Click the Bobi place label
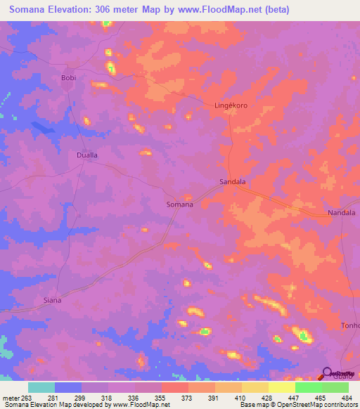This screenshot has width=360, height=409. pyautogui.click(x=68, y=77)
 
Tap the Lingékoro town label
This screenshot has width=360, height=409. pyautogui.click(x=231, y=105)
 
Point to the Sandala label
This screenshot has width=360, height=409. pyautogui.click(x=233, y=181)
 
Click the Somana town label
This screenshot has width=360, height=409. pyautogui.click(x=179, y=204)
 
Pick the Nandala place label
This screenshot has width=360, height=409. pyautogui.click(x=342, y=212)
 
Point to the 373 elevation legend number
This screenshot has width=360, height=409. pyautogui.click(x=188, y=397)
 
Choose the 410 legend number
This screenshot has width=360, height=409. pyautogui.click(x=240, y=397)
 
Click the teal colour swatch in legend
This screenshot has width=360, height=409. pyautogui.click(x=41, y=387)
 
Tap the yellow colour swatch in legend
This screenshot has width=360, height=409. pyautogui.click(x=281, y=387)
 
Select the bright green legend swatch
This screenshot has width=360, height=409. pyautogui.click(x=308, y=387)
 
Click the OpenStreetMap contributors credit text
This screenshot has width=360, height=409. pyautogui.click(x=316, y=405)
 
